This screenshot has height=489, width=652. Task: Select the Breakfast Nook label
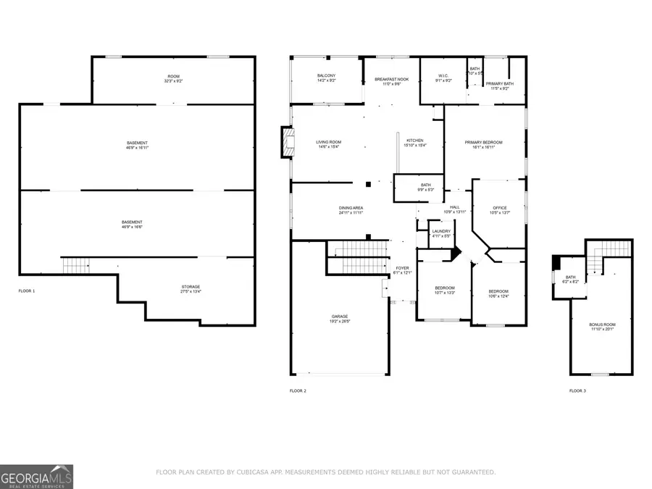click(391, 81)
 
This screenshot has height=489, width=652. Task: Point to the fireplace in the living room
click(288, 142)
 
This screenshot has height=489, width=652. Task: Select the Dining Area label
click(350, 210)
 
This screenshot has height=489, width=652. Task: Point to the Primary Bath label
click(500, 85)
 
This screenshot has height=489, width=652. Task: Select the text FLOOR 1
click(27, 291)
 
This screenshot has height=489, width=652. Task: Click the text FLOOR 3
click(577, 391)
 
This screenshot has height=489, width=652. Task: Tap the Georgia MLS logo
click(37, 477)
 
